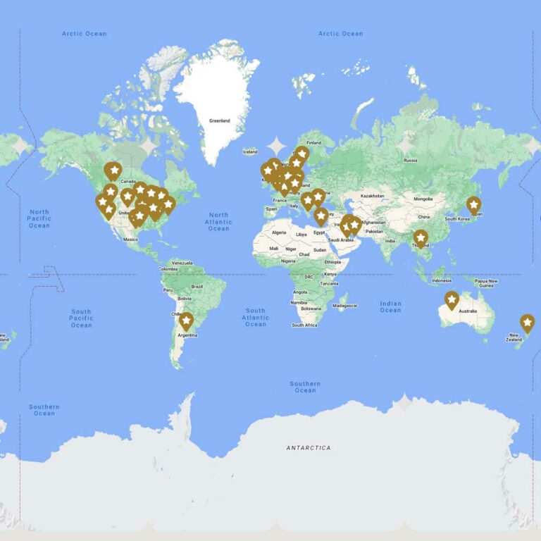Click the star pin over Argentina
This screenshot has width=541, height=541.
tap(186, 322)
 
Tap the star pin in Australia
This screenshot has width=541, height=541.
tap(452, 300)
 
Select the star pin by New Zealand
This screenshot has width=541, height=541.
tap(527, 323)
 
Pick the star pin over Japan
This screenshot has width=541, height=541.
tap(473, 205)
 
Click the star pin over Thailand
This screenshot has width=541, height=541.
tap(421, 238)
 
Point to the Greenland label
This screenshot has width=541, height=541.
tap(219, 120)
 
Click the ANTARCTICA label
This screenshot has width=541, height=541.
tap(308, 447)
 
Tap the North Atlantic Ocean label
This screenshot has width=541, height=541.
tap(218, 221)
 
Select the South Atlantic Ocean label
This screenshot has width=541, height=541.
tap(255, 317)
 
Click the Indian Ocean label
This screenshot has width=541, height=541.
tap(390, 306)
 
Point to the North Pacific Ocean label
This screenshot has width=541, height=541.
tap(39, 218)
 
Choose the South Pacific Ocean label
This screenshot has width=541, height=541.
tap(81, 318)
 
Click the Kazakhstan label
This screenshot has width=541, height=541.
tap(372, 195)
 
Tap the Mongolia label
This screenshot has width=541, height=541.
tap(423, 199)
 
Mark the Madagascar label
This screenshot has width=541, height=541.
tap(345, 306)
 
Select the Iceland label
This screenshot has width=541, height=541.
tap(250, 151)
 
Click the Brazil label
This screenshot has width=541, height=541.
tap(197, 286)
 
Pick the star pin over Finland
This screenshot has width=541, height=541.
tap(301, 154)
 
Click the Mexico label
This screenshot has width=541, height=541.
tap(130, 239)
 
